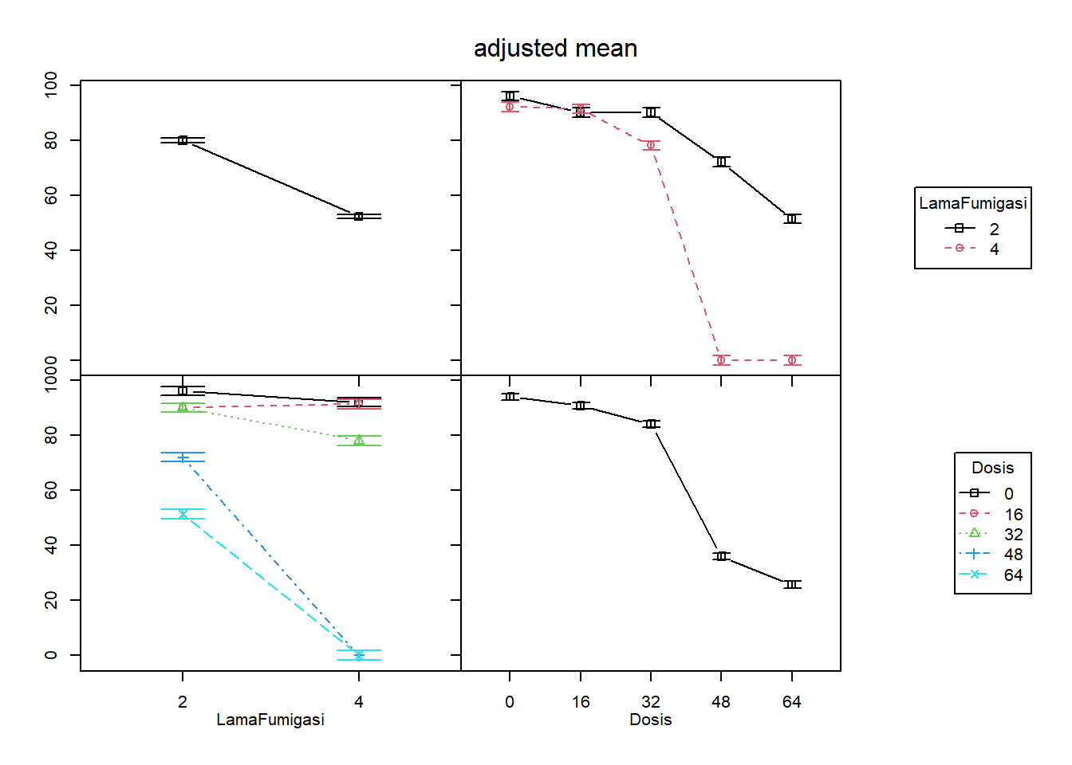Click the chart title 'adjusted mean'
point(555,49)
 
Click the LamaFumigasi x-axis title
point(270,720)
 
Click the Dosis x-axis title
point(650,720)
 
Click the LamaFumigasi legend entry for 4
point(973,249)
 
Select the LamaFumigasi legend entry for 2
point(973,229)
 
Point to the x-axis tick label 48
point(720,702)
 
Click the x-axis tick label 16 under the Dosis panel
point(581,702)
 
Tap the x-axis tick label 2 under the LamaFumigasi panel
point(183,702)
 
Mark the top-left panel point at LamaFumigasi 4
point(359,217)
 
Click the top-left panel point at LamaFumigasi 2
point(183,140)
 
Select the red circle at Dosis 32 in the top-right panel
point(651,145)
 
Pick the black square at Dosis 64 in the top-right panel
point(791,218)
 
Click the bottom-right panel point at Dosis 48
point(721,555)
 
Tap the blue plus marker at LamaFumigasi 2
point(183,457)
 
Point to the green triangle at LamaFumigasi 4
point(359,440)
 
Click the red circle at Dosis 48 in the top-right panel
point(721,360)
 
